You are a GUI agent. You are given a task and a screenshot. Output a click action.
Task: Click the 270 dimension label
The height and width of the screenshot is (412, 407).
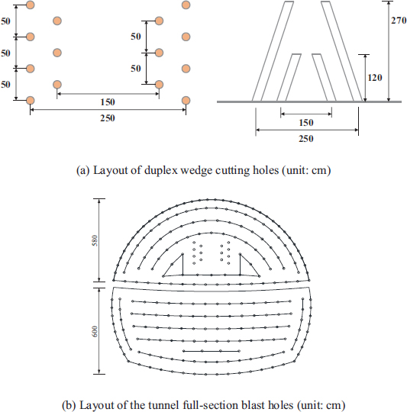tap(399, 21)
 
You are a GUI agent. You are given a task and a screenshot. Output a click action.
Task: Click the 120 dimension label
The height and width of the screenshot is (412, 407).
tap(375, 78)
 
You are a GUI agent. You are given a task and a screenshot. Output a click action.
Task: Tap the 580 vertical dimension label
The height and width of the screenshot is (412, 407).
tap(95, 240)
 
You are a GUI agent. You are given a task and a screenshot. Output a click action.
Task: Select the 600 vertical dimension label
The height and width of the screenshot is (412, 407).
tap(95, 331)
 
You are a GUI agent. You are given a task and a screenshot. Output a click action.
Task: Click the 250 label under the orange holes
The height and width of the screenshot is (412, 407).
tap(108, 118)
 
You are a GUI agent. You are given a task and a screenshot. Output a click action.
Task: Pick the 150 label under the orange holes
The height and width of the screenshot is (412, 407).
tap(108, 102)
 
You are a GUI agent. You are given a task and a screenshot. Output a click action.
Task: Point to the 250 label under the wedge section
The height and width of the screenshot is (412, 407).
tap(306, 138)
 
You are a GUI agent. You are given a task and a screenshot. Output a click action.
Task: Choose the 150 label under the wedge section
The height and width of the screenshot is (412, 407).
tap(306, 122)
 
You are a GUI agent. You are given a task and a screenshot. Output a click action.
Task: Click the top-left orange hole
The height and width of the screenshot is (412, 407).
tap(31, 5)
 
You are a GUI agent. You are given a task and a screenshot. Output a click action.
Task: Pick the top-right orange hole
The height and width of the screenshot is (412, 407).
tap(186, 5)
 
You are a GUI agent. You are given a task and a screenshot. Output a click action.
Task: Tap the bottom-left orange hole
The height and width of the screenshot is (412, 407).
tap(31, 101)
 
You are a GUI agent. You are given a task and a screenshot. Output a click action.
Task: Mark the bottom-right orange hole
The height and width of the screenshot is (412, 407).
tap(186, 101)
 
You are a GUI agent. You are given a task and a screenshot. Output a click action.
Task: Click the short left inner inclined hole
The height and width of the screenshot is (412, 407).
tap(289, 78)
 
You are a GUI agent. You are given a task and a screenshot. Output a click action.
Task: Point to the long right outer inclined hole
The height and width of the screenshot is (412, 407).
tap(341, 51)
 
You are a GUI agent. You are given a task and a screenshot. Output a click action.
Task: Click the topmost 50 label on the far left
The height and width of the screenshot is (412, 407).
tap(5, 21)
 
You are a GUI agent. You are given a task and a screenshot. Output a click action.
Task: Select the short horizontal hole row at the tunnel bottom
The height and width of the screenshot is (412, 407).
tap(211, 351)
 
